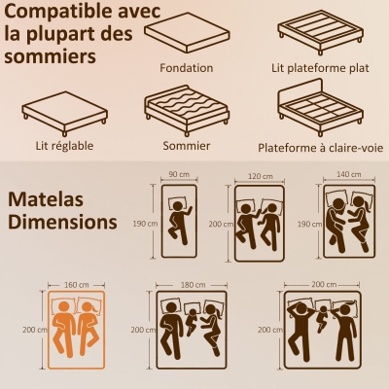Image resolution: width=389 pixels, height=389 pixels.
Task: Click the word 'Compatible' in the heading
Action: tap(58, 14)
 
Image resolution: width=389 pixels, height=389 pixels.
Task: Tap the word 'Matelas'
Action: tap(45, 198)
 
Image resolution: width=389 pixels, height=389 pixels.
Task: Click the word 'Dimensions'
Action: tap(61, 222)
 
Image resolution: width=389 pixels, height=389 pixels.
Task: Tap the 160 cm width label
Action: tap(74, 285)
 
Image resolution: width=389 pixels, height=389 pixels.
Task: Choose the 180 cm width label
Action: tap(193, 285)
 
